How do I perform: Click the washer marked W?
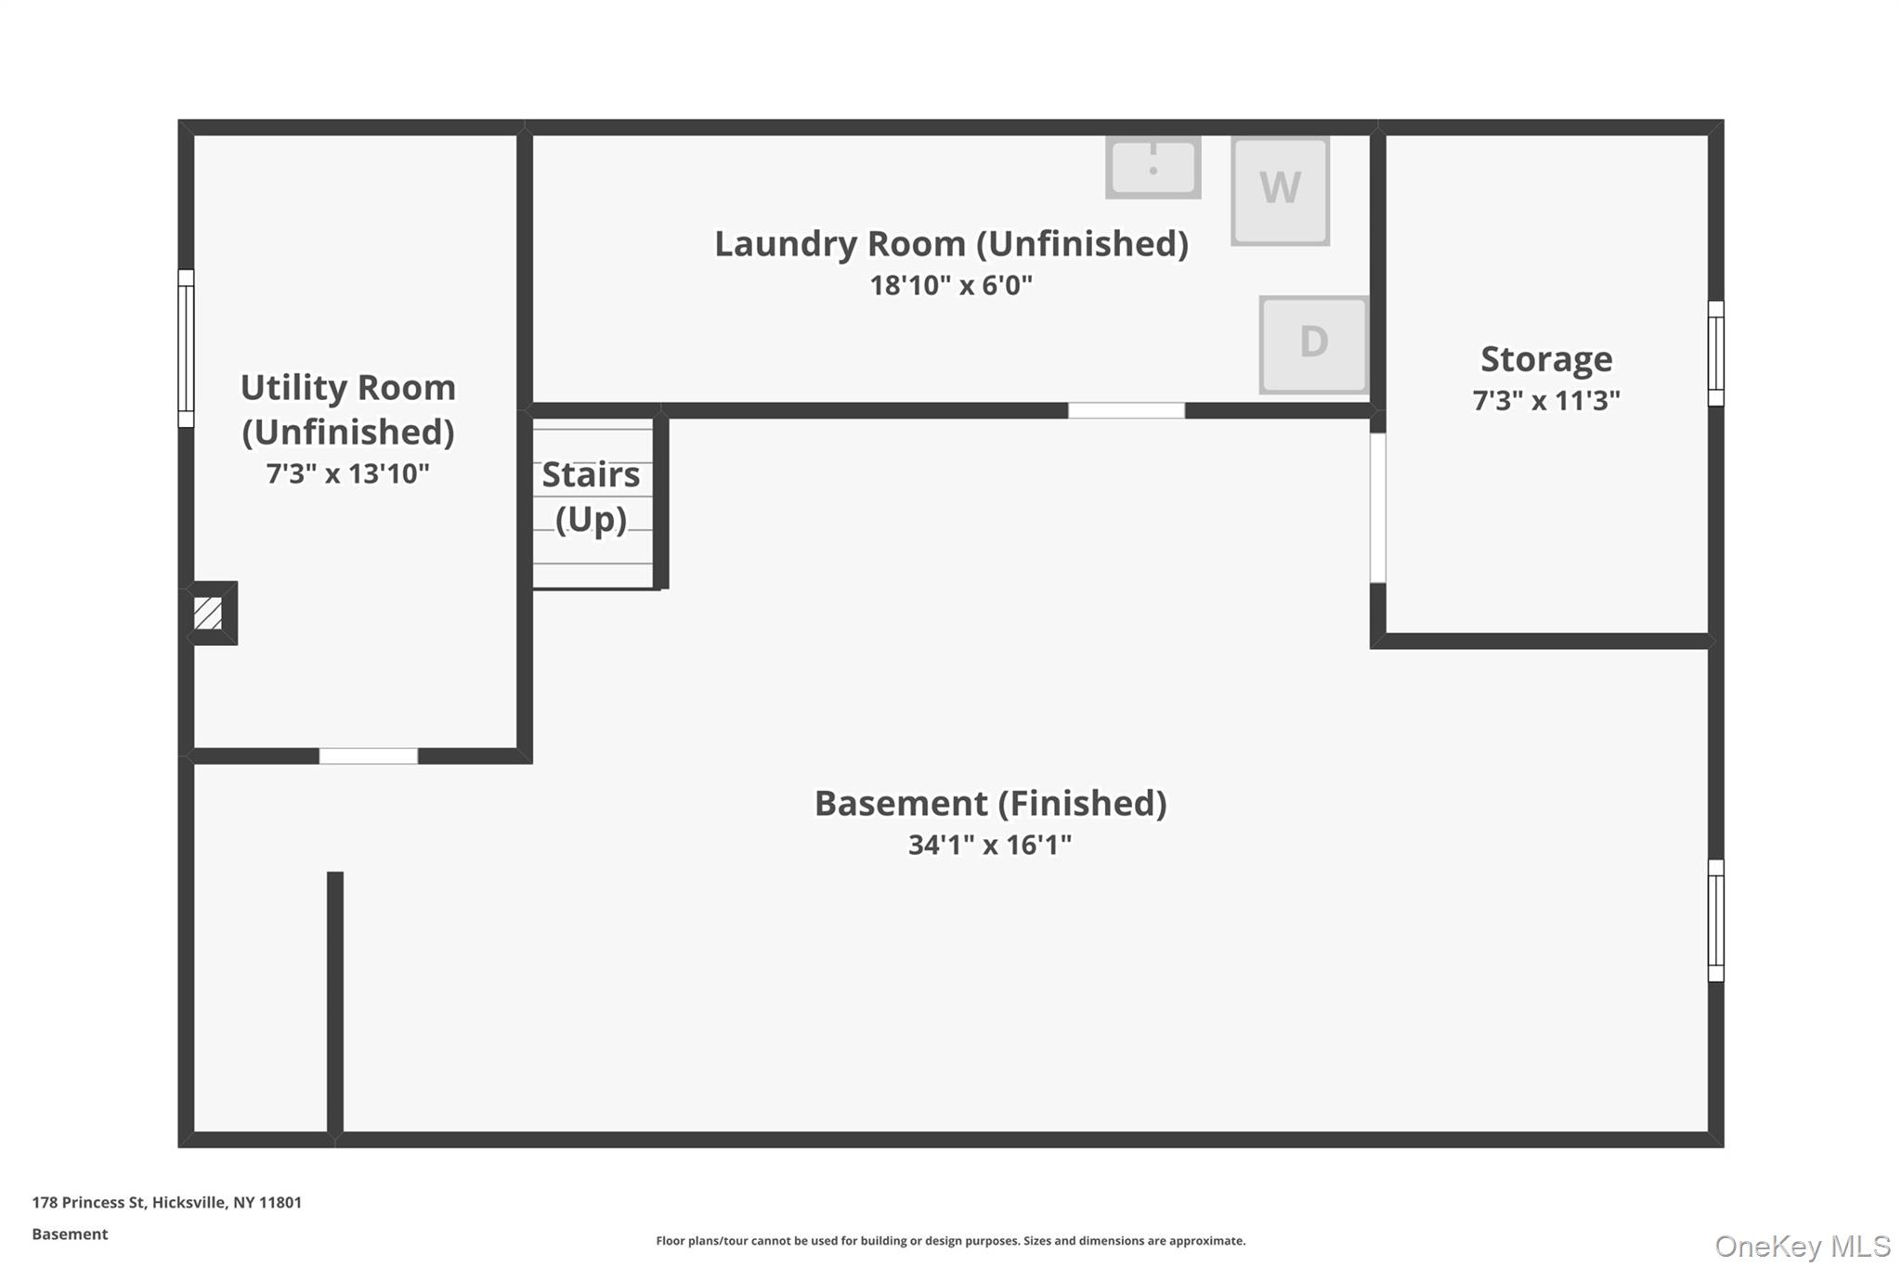[1280, 190]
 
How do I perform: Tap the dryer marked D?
[1313, 344]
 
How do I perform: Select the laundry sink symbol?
[1153, 168]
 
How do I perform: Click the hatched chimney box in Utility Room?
[208, 613]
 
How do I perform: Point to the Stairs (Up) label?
[591, 497]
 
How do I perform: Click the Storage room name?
[1545, 359]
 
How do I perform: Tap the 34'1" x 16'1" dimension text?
[989, 845]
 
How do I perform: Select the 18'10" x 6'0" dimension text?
[950, 285]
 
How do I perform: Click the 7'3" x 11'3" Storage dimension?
[1545, 400]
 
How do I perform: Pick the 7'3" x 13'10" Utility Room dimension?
[347, 473]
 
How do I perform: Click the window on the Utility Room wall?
[186, 348]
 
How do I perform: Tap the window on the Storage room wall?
[1715, 353]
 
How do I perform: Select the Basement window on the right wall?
[1715, 920]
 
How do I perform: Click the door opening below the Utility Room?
[369, 756]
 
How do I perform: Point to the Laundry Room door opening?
[1126, 410]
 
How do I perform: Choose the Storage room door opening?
[1378, 508]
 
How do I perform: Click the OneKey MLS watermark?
[1802, 1246]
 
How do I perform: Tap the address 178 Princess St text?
[167, 1202]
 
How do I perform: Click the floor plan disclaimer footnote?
[950, 1240]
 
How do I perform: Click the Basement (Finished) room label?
[990, 803]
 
